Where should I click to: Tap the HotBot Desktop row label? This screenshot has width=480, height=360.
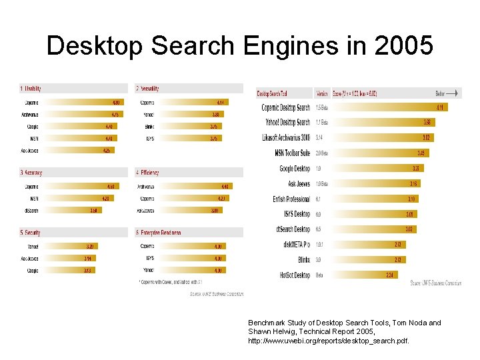295,275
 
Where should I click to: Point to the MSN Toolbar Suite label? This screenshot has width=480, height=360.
292,153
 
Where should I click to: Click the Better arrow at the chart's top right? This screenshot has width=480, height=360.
447,93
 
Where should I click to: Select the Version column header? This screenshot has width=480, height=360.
322,94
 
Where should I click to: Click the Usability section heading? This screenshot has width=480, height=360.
32,88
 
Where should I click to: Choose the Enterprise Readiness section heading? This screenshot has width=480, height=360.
159,233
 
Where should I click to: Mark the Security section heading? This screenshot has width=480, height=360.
31,233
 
